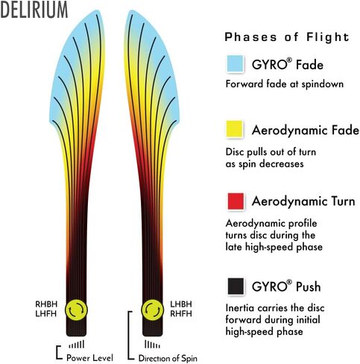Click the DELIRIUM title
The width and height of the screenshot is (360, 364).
(34, 10)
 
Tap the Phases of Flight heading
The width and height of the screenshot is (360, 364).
(287, 37)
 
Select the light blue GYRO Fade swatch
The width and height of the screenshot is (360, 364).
(235, 63)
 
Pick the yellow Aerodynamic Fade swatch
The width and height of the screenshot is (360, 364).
(234, 128)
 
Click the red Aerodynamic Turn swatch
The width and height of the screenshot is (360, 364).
(236, 201)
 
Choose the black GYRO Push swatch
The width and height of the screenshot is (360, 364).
(236, 286)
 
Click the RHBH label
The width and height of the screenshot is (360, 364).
(46, 304)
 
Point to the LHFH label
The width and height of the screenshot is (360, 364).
(46, 314)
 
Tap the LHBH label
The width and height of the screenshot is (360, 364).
(181, 304)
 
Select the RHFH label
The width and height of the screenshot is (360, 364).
(181, 314)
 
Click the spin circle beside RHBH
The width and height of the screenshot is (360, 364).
(76, 310)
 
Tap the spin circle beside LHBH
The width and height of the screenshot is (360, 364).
(152, 310)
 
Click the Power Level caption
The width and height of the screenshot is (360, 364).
(89, 358)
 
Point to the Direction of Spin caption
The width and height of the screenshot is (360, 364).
(168, 358)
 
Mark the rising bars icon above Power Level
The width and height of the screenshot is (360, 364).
(77, 345)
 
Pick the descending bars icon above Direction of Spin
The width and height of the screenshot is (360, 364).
(152, 345)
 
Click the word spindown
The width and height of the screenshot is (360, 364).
(323, 84)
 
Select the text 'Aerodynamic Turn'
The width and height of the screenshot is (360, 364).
(303, 201)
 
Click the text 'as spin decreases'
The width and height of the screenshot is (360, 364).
(265, 164)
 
